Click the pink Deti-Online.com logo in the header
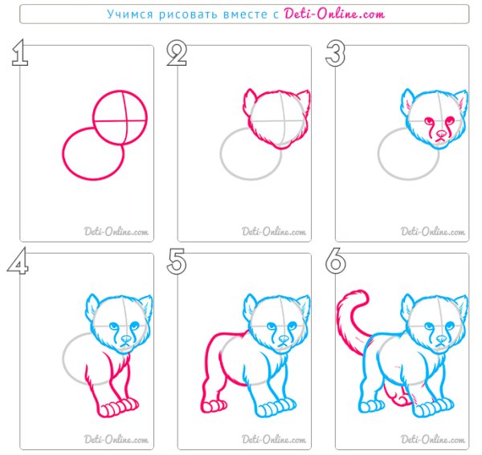point(334,14)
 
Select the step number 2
point(177,53)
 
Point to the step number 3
point(335,53)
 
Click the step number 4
point(18,261)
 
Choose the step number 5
point(177,262)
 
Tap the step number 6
point(336,261)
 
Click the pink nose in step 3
point(442,134)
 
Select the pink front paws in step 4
point(119,407)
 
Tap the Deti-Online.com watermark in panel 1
point(116,231)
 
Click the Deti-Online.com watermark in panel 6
point(432,440)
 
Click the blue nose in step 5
point(284,339)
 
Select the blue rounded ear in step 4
point(92,305)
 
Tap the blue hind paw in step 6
point(372,406)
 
